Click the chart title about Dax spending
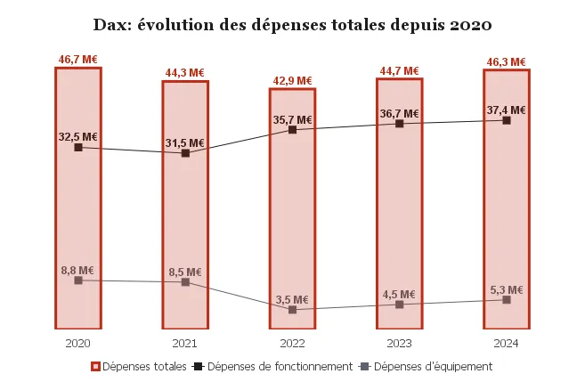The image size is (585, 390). coord(292,24)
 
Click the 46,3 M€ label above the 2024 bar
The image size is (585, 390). coord(506,59)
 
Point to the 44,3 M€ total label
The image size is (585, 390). coord(185,71)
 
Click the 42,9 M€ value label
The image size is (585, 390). coord(292,80)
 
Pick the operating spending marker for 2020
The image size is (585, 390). coord(78,147)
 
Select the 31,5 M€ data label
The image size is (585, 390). coord(185,142)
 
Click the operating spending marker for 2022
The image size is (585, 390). coord(292,130)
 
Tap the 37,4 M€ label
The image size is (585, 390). coord(506,110)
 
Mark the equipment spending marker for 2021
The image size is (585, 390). coord(185,282)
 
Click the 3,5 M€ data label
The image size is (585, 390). coord(292,299)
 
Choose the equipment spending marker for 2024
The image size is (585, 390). coord(507,300)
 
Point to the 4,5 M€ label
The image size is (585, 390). coord(399,294)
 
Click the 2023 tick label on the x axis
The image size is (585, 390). coord(399,343)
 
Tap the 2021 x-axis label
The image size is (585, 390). coord(185,343)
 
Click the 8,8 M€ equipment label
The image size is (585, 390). coord(78,270)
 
